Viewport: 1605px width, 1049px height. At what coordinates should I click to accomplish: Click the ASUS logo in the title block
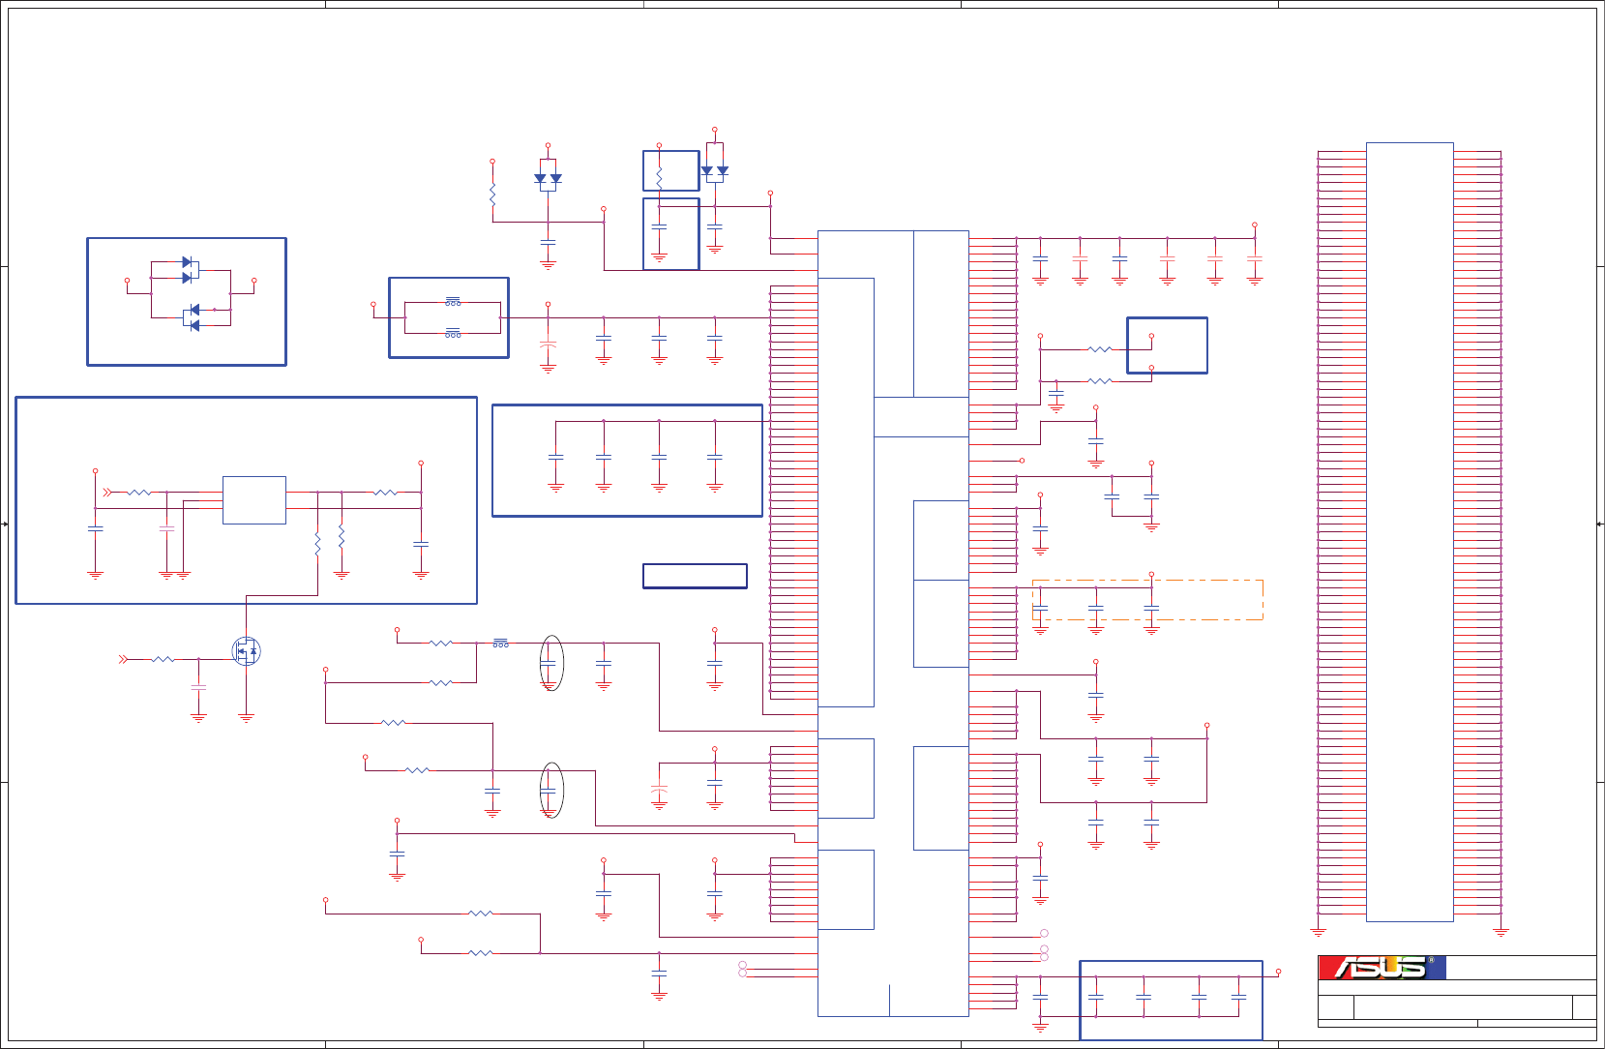(1381, 968)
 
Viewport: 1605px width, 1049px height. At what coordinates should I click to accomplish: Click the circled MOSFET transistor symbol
(246, 651)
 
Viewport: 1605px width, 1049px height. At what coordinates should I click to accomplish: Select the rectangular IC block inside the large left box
(253, 500)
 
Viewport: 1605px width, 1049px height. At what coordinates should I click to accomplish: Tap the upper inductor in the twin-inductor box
(453, 302)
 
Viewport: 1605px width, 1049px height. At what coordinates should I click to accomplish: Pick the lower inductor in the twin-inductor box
(453, 334)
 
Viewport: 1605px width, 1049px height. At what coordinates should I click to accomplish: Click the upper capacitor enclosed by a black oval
(550, 664)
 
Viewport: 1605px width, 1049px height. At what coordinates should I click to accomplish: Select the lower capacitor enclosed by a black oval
(550, 791)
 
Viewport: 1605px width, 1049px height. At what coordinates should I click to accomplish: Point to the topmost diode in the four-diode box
(188, 262)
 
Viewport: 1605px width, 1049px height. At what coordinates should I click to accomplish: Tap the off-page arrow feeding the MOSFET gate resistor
(123, 659)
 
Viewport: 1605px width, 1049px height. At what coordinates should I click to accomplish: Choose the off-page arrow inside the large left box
(108, 493)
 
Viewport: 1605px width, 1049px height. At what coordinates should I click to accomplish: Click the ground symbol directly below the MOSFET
(246, 718)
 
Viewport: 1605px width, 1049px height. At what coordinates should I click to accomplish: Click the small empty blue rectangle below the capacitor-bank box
(695, 576)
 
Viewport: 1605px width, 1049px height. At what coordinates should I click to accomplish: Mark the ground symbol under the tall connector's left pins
(1318, 932)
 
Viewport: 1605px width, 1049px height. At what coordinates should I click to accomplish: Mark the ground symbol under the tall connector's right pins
(1501, 932)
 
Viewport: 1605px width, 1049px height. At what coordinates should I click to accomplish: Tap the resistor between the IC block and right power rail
(385, 493)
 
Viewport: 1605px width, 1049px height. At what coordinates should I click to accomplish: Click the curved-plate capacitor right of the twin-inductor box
(548, 345)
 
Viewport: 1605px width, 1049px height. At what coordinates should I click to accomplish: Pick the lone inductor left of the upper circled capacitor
(500, 643)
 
